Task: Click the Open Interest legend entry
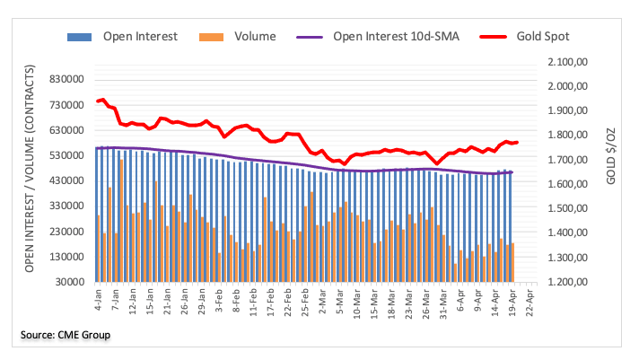139,37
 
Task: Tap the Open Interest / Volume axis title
30,169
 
